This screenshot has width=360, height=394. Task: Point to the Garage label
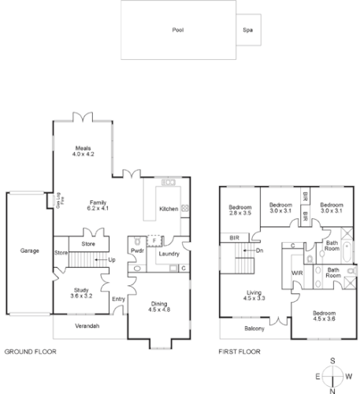(x=30, y=251)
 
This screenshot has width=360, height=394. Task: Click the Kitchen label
(x=169, y=209)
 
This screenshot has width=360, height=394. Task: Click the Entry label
(x=119, y=299)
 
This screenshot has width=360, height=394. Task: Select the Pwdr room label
(x=136, y=251)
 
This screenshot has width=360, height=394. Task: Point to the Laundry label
(x=167, y=254)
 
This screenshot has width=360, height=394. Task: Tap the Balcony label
(x=254, y=328)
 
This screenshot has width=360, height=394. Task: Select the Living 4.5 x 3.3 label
(x=253, y=295)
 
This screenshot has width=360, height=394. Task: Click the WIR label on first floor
(x=297, y=273)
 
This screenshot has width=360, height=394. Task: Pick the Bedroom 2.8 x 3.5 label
(x=239, y=210)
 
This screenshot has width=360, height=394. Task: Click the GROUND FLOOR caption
(x=30, y=351)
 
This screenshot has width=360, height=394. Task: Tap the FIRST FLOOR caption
(x=240, y=351)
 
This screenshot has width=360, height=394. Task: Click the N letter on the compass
(x=334, y=389)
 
